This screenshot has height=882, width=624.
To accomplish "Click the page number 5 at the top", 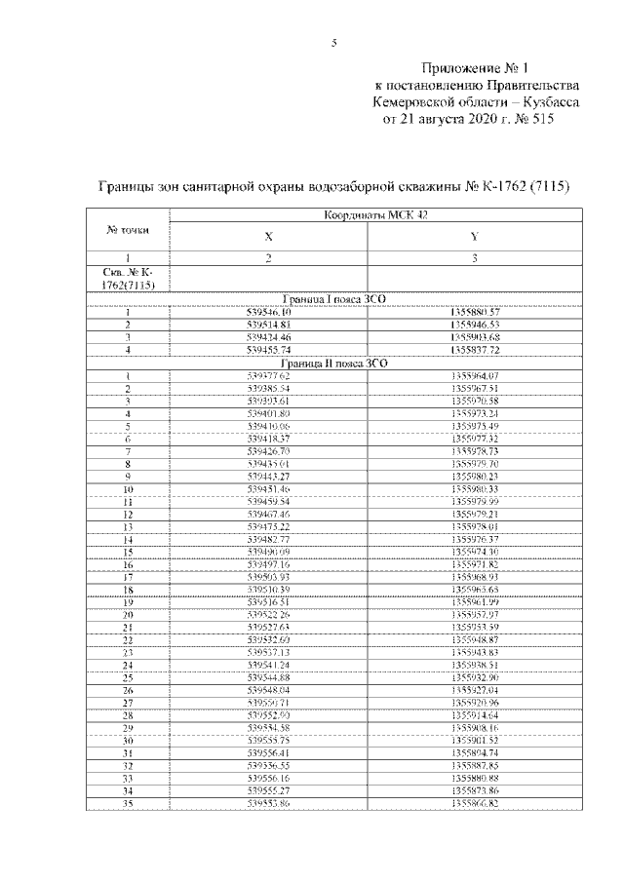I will coord(334,43).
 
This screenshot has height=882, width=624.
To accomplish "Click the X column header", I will coord(268,237).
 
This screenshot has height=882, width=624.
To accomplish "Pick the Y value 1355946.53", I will coord(475,324).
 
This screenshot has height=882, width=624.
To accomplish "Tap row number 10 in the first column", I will coord(127,488).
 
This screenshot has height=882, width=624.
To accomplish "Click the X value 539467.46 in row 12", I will coord(268,513).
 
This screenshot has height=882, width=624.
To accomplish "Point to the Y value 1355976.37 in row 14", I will coord(475,538).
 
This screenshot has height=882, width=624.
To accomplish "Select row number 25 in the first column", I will coord(127,677).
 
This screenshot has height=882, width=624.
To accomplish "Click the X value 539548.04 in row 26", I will coord(268,690).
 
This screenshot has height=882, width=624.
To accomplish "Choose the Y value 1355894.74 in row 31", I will coord(475,753).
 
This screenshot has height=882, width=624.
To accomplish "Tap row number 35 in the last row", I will coord(127,804).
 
